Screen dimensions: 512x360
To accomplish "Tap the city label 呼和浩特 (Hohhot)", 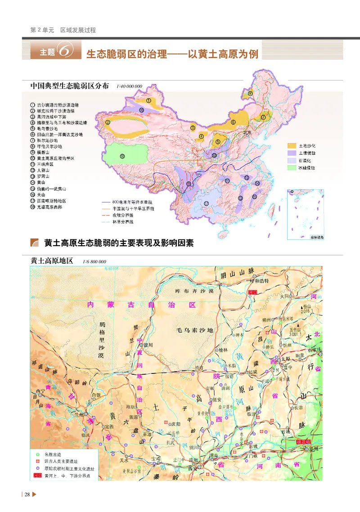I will [x=258, y=281].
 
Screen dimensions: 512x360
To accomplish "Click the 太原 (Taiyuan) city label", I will [x=285, y=359].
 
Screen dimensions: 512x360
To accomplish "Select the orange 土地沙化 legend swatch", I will [x=293, y=146].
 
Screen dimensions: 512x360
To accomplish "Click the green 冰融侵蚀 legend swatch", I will [x=293, y=168].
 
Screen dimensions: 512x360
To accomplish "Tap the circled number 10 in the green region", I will [x=122, y=156].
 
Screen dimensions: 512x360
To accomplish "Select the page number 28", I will [x=27, y=495].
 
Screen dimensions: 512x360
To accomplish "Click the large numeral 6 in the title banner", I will [x=64, y=51].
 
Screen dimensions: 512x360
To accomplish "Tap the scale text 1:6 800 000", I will [x=94, y=261].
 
